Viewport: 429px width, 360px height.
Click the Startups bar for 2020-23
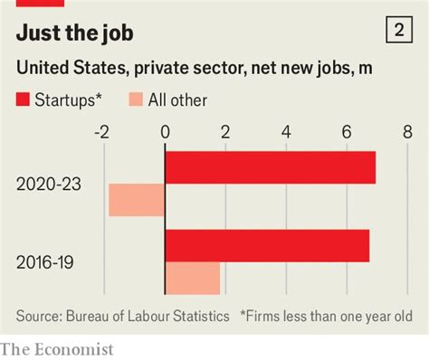pos(270,167)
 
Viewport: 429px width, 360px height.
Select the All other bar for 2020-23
pos(137,199)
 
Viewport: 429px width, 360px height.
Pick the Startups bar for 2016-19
pos(267,246)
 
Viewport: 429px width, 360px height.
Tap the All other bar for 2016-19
pos(192,278)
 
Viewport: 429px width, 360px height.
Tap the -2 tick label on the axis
pos(102,132)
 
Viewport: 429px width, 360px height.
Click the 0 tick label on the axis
pos(165,132)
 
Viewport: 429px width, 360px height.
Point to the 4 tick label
pos(286,132)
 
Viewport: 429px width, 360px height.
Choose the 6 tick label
pos(347,132)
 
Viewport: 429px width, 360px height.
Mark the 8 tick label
pos(407,132)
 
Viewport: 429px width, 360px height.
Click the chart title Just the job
pos(75,33)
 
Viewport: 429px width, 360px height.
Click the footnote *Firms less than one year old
pos(326,316)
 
